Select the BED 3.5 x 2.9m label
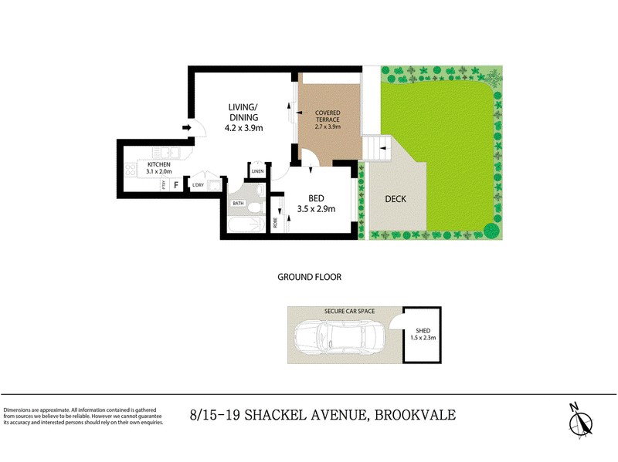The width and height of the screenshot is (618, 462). (317, 203)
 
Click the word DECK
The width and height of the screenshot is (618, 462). (395, 199)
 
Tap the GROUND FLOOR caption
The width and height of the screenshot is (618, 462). (309, 276)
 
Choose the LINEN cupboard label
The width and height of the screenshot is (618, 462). (257, 171)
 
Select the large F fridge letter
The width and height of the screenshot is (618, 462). (176, 185)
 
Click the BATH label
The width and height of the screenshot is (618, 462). (238, 203)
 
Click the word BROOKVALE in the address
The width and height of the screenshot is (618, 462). (415, 415)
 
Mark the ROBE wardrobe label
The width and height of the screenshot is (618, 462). (276, 223)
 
